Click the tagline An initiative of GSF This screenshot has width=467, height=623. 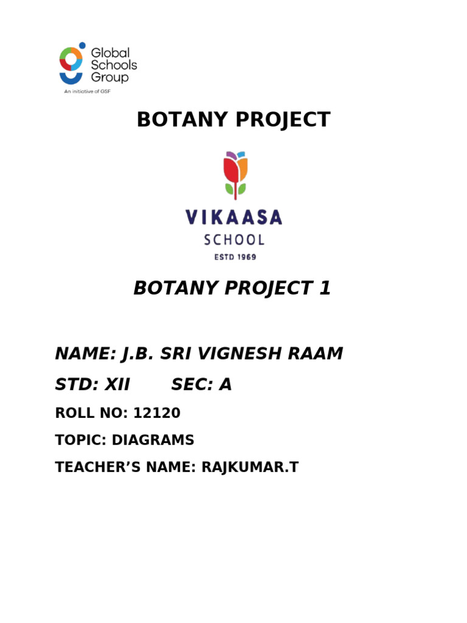pos(88,92)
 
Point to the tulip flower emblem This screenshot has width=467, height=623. pos(235,173)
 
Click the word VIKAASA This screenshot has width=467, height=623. pos(234,217)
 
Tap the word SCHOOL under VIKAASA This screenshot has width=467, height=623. pos(234,240)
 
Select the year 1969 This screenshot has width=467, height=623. pos(245,257)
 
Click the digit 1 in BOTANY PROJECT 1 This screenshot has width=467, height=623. pos(325,288)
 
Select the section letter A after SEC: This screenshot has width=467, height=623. pos(226,385)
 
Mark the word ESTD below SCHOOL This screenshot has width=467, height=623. pos(222,257)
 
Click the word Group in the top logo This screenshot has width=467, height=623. pos(109,77)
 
